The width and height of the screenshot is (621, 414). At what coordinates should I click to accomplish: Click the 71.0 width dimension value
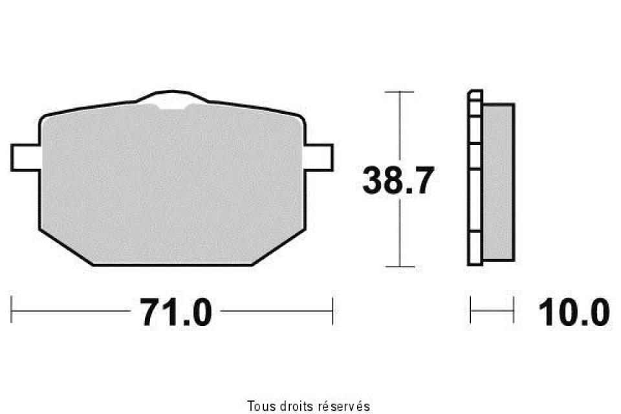click(176, 312)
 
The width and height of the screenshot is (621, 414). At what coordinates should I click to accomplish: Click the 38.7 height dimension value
click(398, 180)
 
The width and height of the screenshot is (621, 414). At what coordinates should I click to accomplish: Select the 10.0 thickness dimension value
click(574, 312)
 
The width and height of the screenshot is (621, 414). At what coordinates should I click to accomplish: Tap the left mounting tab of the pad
click(26, 158)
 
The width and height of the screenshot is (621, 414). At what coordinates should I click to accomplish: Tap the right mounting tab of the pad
click(319, 158)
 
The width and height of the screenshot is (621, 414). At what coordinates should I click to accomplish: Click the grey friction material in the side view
click(499, 182)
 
